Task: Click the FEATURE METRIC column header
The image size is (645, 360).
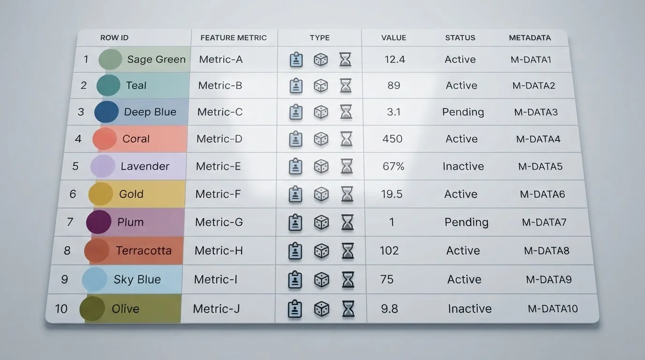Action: (233, 37)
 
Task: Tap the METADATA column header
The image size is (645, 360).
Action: (530, 37)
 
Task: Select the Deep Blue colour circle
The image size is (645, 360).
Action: (106, 112)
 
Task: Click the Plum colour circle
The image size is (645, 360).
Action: (98, 222)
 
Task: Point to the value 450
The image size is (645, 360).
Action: (392, 139)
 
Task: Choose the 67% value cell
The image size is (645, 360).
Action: (393, 166)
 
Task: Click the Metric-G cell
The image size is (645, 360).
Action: (219, 222)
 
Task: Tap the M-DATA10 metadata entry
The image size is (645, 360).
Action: (553, 309)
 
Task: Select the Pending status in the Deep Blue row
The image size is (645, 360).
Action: (463, 112)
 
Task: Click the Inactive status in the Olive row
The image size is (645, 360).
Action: (470, 309)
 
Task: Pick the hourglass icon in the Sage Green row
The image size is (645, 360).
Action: (345, 60)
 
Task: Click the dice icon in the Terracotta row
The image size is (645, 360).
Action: (322, 251)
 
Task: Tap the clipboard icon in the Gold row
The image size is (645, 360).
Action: (295, 194)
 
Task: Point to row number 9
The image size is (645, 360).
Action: (65, 279)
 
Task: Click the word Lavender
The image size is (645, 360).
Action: (145, 166)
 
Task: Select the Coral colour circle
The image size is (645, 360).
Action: (105, 139)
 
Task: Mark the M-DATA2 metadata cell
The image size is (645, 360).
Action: (533, 85)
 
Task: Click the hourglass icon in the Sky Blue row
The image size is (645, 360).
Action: (348, 280)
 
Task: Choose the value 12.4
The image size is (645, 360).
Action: (395, 60)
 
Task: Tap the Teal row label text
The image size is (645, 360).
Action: (136, 85)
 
